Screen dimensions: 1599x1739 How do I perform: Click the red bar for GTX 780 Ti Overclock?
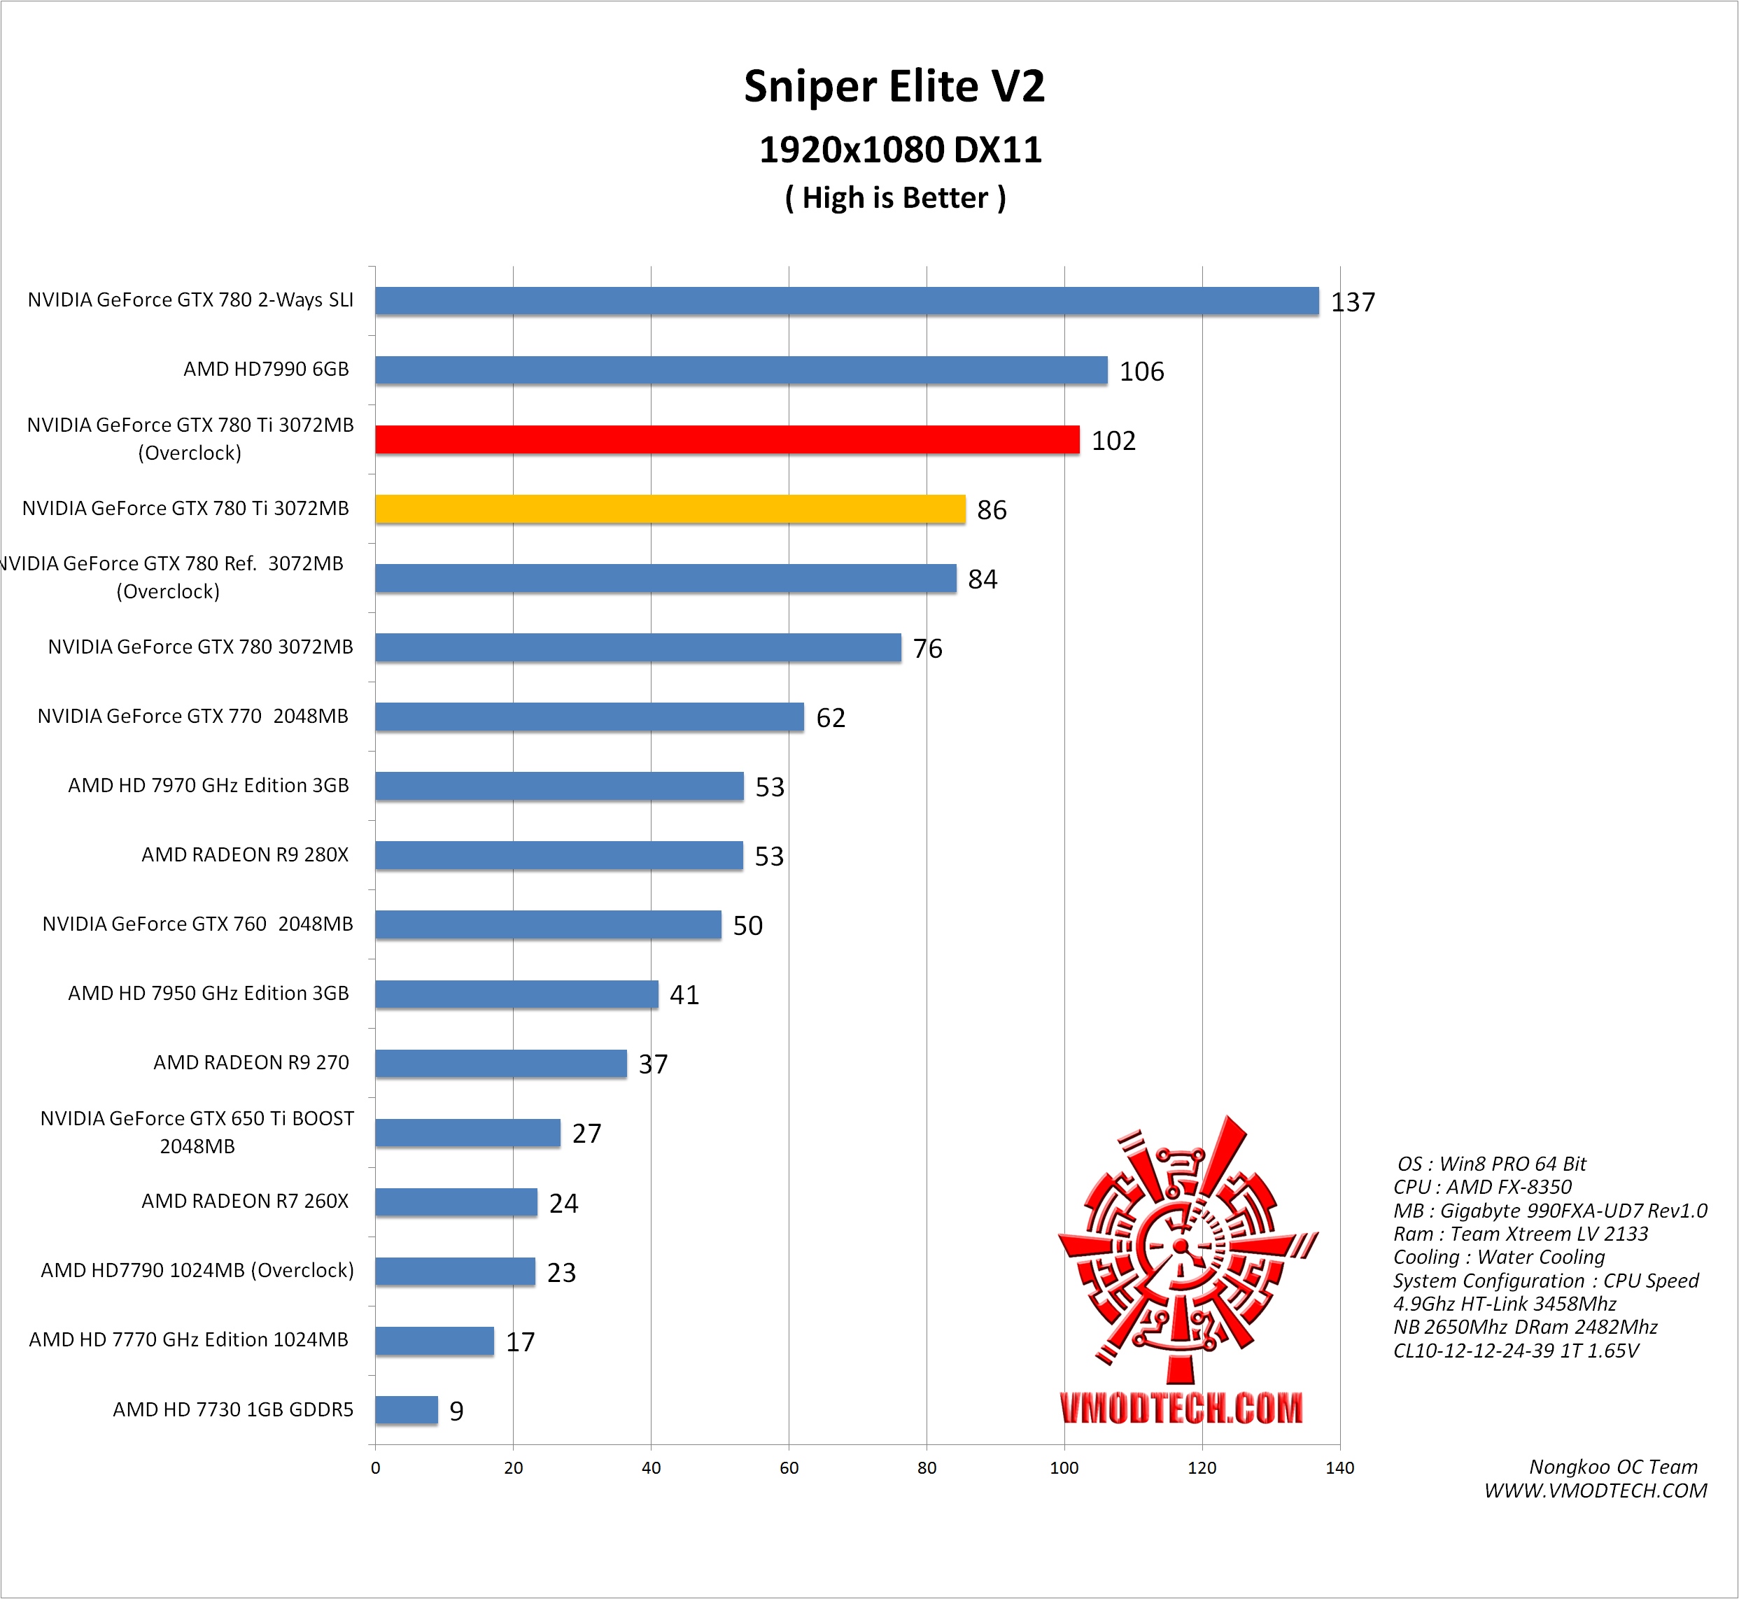727,439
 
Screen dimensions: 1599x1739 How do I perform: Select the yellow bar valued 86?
670,509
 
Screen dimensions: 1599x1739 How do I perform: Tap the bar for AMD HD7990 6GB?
740,370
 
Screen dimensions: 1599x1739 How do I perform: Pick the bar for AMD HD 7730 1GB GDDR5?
407,1409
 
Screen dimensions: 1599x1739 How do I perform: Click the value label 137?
1352,302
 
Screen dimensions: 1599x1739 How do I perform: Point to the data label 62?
831,717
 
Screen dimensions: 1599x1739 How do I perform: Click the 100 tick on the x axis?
1064,1467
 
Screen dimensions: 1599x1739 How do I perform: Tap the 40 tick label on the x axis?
651,1467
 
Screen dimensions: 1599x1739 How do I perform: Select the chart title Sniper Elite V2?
894,87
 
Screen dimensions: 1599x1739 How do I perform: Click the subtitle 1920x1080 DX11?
900,150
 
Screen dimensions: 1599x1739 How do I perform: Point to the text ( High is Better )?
894,198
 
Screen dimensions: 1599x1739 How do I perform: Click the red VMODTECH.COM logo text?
1181,1408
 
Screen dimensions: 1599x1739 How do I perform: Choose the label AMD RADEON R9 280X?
245,855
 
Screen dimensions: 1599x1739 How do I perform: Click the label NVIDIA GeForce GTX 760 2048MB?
197,924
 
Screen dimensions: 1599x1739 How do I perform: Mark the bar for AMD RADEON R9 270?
501,1064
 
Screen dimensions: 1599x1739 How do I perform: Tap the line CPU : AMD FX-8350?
1482,1187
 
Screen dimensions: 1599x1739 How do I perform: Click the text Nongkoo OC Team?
1612,1467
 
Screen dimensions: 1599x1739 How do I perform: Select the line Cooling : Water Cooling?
1498,1258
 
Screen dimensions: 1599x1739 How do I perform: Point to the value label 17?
520,1341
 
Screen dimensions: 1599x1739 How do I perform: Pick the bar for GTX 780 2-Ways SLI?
846,301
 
